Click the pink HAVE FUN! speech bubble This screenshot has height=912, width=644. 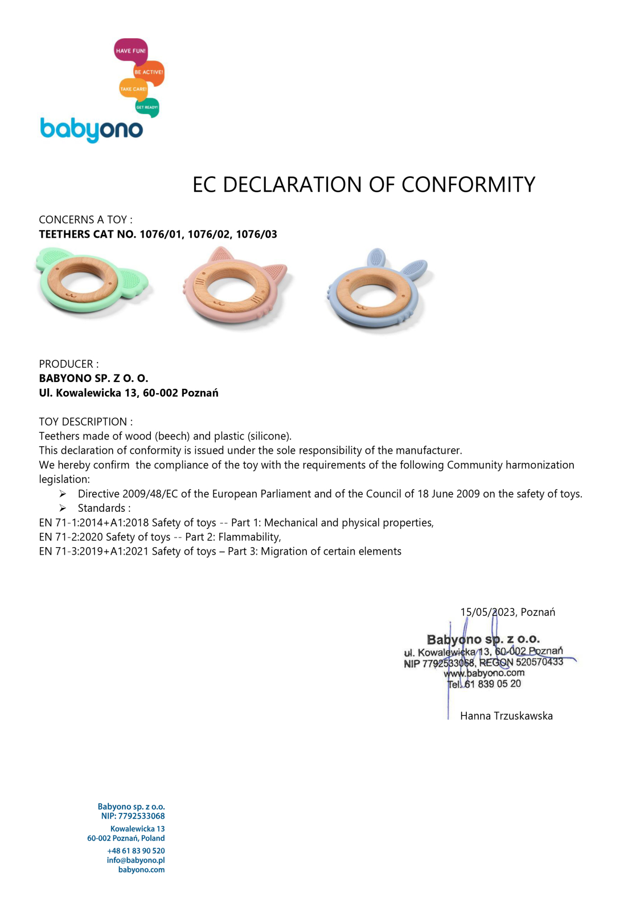(130, 51)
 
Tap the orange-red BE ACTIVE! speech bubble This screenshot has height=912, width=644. (149, 72)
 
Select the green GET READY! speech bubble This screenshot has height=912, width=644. (147, 107)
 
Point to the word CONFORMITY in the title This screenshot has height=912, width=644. (468, 185)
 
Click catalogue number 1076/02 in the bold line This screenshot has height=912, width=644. (208, 234)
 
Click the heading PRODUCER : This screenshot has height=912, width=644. (68, 364)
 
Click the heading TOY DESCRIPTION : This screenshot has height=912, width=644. (85, 422)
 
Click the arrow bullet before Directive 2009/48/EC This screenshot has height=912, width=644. (63, 494)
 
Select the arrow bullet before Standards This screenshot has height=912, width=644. (63, 508)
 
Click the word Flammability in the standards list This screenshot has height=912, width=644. (249, 537)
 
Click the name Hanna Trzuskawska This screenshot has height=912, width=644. (506, 716)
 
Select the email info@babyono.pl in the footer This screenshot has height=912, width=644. (136, 860)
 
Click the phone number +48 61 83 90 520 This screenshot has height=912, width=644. (136, 850)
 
